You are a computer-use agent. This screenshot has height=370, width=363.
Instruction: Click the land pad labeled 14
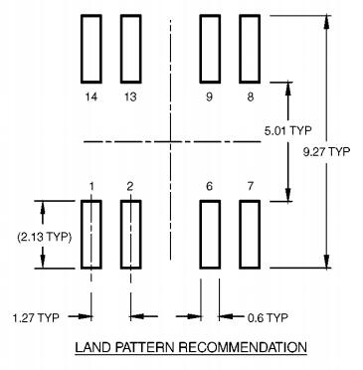[91, 49]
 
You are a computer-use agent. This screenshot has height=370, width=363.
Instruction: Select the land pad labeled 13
[130, 49]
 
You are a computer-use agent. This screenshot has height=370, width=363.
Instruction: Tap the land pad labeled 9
[210, 49]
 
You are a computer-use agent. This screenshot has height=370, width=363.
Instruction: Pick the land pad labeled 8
[250, 49]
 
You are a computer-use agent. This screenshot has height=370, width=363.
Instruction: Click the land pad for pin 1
[91, 234]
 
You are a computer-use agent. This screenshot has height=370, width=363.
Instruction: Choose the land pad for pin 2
[130, 234]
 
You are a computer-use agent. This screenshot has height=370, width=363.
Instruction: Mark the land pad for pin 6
[210, 234]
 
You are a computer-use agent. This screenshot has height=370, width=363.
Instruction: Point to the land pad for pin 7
[250, 234]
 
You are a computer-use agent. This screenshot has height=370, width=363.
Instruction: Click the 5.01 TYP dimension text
[287, 130]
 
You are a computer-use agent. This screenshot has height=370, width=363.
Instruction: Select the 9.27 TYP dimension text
[326, 152]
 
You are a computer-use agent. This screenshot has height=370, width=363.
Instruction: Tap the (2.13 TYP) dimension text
[45, 237]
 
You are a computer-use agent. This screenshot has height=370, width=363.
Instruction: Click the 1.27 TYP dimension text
[36, 317]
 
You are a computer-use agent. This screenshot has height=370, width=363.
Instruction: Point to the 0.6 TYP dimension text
[268, 317]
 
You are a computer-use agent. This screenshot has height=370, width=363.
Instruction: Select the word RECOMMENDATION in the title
[243, 347]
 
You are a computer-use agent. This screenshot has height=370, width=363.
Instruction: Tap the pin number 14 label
[91, 97]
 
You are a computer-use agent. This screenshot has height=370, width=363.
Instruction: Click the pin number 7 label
[250, 186]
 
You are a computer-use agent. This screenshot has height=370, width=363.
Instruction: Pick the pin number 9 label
[209, 97]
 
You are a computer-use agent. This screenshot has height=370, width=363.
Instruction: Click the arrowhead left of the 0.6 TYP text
[225, 316]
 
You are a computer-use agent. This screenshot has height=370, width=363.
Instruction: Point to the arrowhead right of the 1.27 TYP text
[85, 316]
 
